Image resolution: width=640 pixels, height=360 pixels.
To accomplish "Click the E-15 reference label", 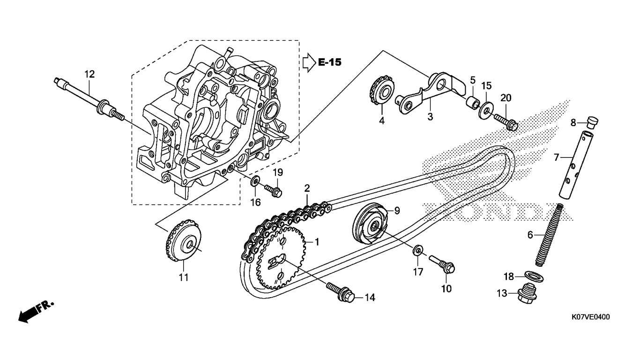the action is (330, 62).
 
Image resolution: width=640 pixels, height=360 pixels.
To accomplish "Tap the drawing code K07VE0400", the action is (590, 317).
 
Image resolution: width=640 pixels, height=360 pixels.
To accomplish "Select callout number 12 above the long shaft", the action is (89, 75).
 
